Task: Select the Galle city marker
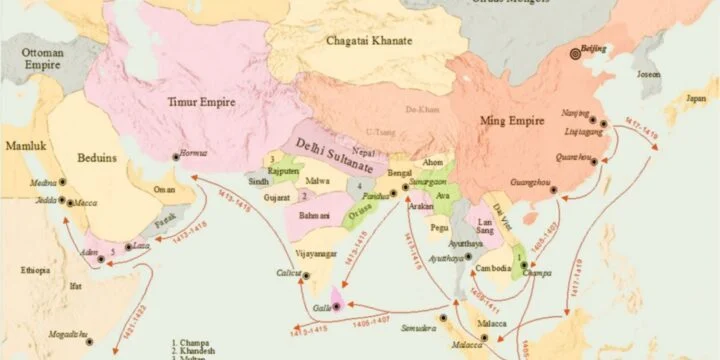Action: [337, 304]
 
